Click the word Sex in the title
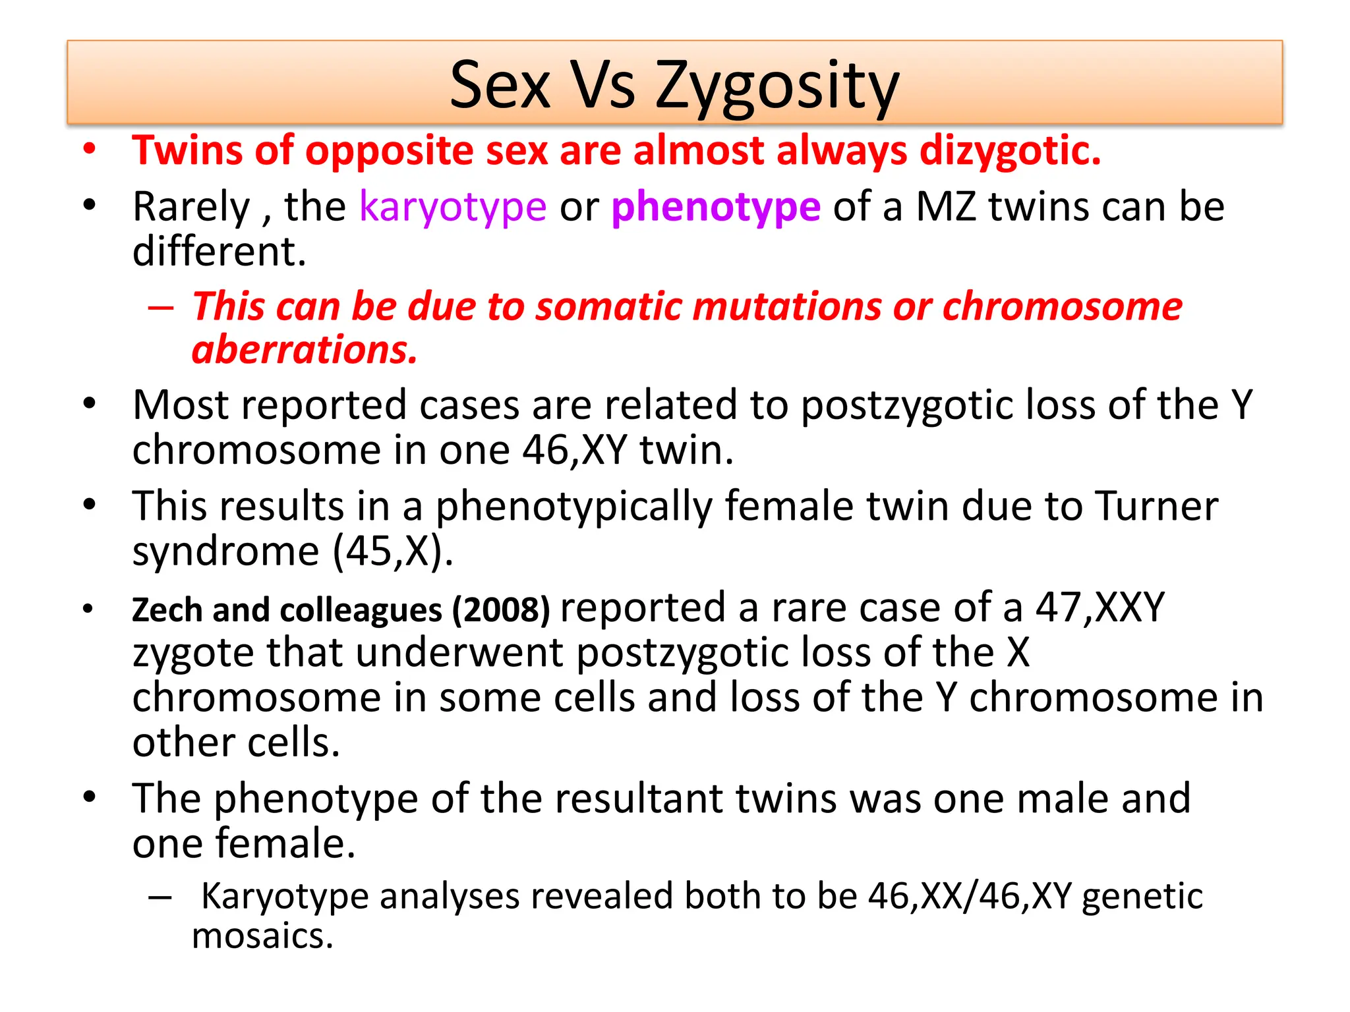pyautogui.click(x=500, y=86)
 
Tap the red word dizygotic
pyautogui.click(x=1010, y=151)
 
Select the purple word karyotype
pyautogui.click(x=453, y=207)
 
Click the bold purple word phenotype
pyautogui.click(x=716, y=207)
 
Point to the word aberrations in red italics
pyautogui.click(x=305, y=349)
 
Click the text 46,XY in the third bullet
pyautogui.click(x=574, y=451)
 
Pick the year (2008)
pyautogui.click(x=501, y=609)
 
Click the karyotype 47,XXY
pyautogui.click(x=1100, y=607)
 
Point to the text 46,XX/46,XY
pyautogui.click(x=970, y=896)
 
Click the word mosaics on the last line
pyautogui.click(x=262, y=936)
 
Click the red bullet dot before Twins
pyautogui.click(x=90, y=149)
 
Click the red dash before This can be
pyautogui.click(x=161, y=308)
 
